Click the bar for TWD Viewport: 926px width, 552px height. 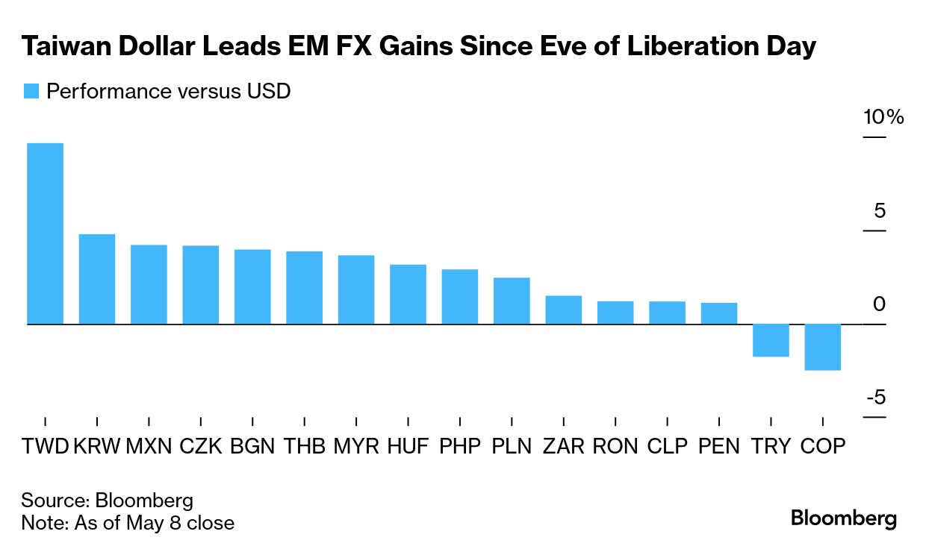(45, 233)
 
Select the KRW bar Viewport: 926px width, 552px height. (97, 279)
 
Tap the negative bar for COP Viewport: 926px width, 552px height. (823, 347)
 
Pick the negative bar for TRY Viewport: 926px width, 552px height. (771, 340)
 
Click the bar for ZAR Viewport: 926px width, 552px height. (563, 310)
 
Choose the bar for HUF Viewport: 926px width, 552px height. (408, 294)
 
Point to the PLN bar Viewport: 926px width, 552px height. (512, 301)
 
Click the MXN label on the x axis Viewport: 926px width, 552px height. (149, 447)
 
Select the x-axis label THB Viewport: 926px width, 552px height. (305, 447)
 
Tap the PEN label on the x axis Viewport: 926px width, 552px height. (719, 447)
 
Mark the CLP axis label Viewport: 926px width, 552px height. (667, 447)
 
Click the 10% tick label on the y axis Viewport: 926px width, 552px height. (883, 118)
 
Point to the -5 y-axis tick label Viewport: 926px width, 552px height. (876, 398)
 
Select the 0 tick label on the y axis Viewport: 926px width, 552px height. (879, 304)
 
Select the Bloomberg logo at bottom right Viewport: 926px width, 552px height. (844, 518)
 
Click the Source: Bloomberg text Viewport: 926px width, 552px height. (107, 500)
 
